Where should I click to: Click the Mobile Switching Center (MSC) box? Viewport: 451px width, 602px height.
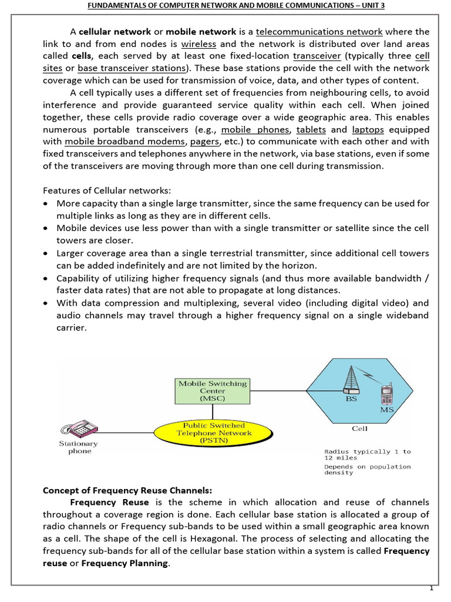coord(213,391)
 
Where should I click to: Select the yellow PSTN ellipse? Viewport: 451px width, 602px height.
coord(214,433)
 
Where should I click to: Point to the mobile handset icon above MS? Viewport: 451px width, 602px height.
coord(386,393)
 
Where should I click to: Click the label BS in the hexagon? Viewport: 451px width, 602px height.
coord(351,398)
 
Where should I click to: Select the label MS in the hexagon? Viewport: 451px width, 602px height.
coord(386,409)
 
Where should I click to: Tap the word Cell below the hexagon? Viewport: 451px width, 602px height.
coord(359,429)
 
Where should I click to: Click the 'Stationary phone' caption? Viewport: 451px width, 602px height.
coord(79,447)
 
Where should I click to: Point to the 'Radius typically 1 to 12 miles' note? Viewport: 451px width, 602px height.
coord(367,454)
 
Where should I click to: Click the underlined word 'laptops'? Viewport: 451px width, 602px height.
coord(368,129)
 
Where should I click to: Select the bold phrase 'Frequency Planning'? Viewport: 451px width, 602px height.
coord(125,564)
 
